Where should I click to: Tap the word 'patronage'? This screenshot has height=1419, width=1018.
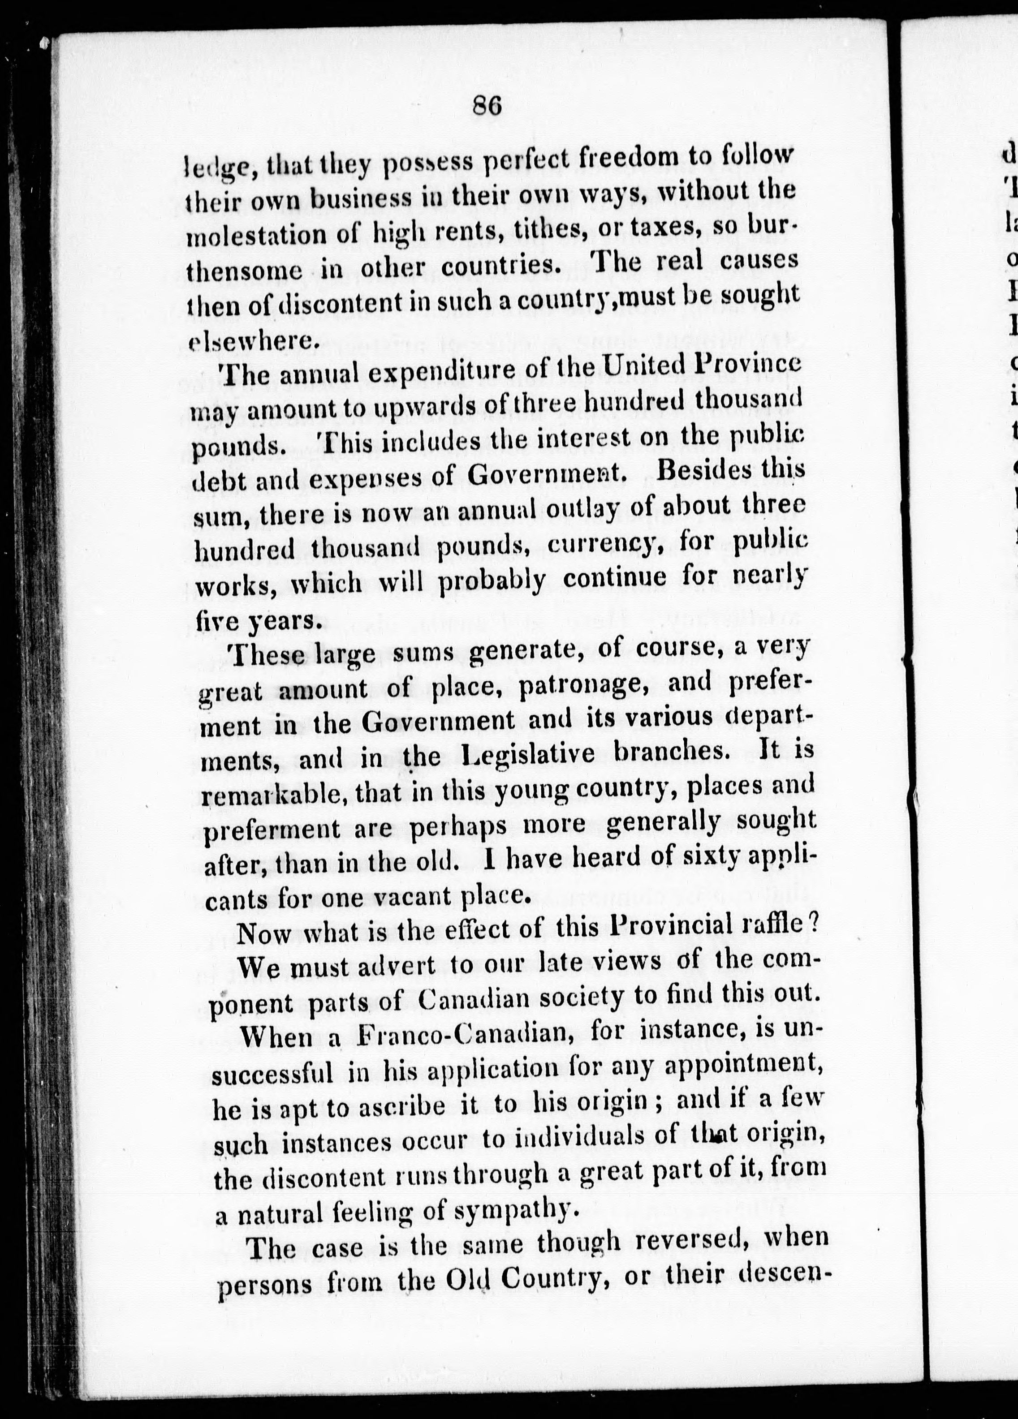pyautogui.click(x=586, y=684)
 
